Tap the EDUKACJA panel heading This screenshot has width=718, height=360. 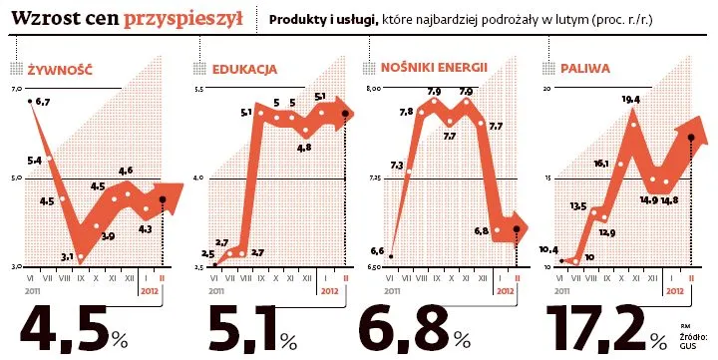pos(244,70)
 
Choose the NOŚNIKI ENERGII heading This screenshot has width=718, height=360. pos(434,69)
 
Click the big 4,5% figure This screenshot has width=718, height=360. pos(75,327)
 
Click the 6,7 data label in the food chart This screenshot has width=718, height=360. pos(43,102)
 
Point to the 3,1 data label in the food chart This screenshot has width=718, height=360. pos(67,257)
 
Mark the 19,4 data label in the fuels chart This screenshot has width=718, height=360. pos(629,99)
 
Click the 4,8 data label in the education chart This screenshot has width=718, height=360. pos(304,147)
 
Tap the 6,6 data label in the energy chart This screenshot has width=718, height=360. pos(377,250)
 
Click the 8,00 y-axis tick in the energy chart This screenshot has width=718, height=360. pos(376,90)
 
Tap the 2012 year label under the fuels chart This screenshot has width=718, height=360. pos(675,291)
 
